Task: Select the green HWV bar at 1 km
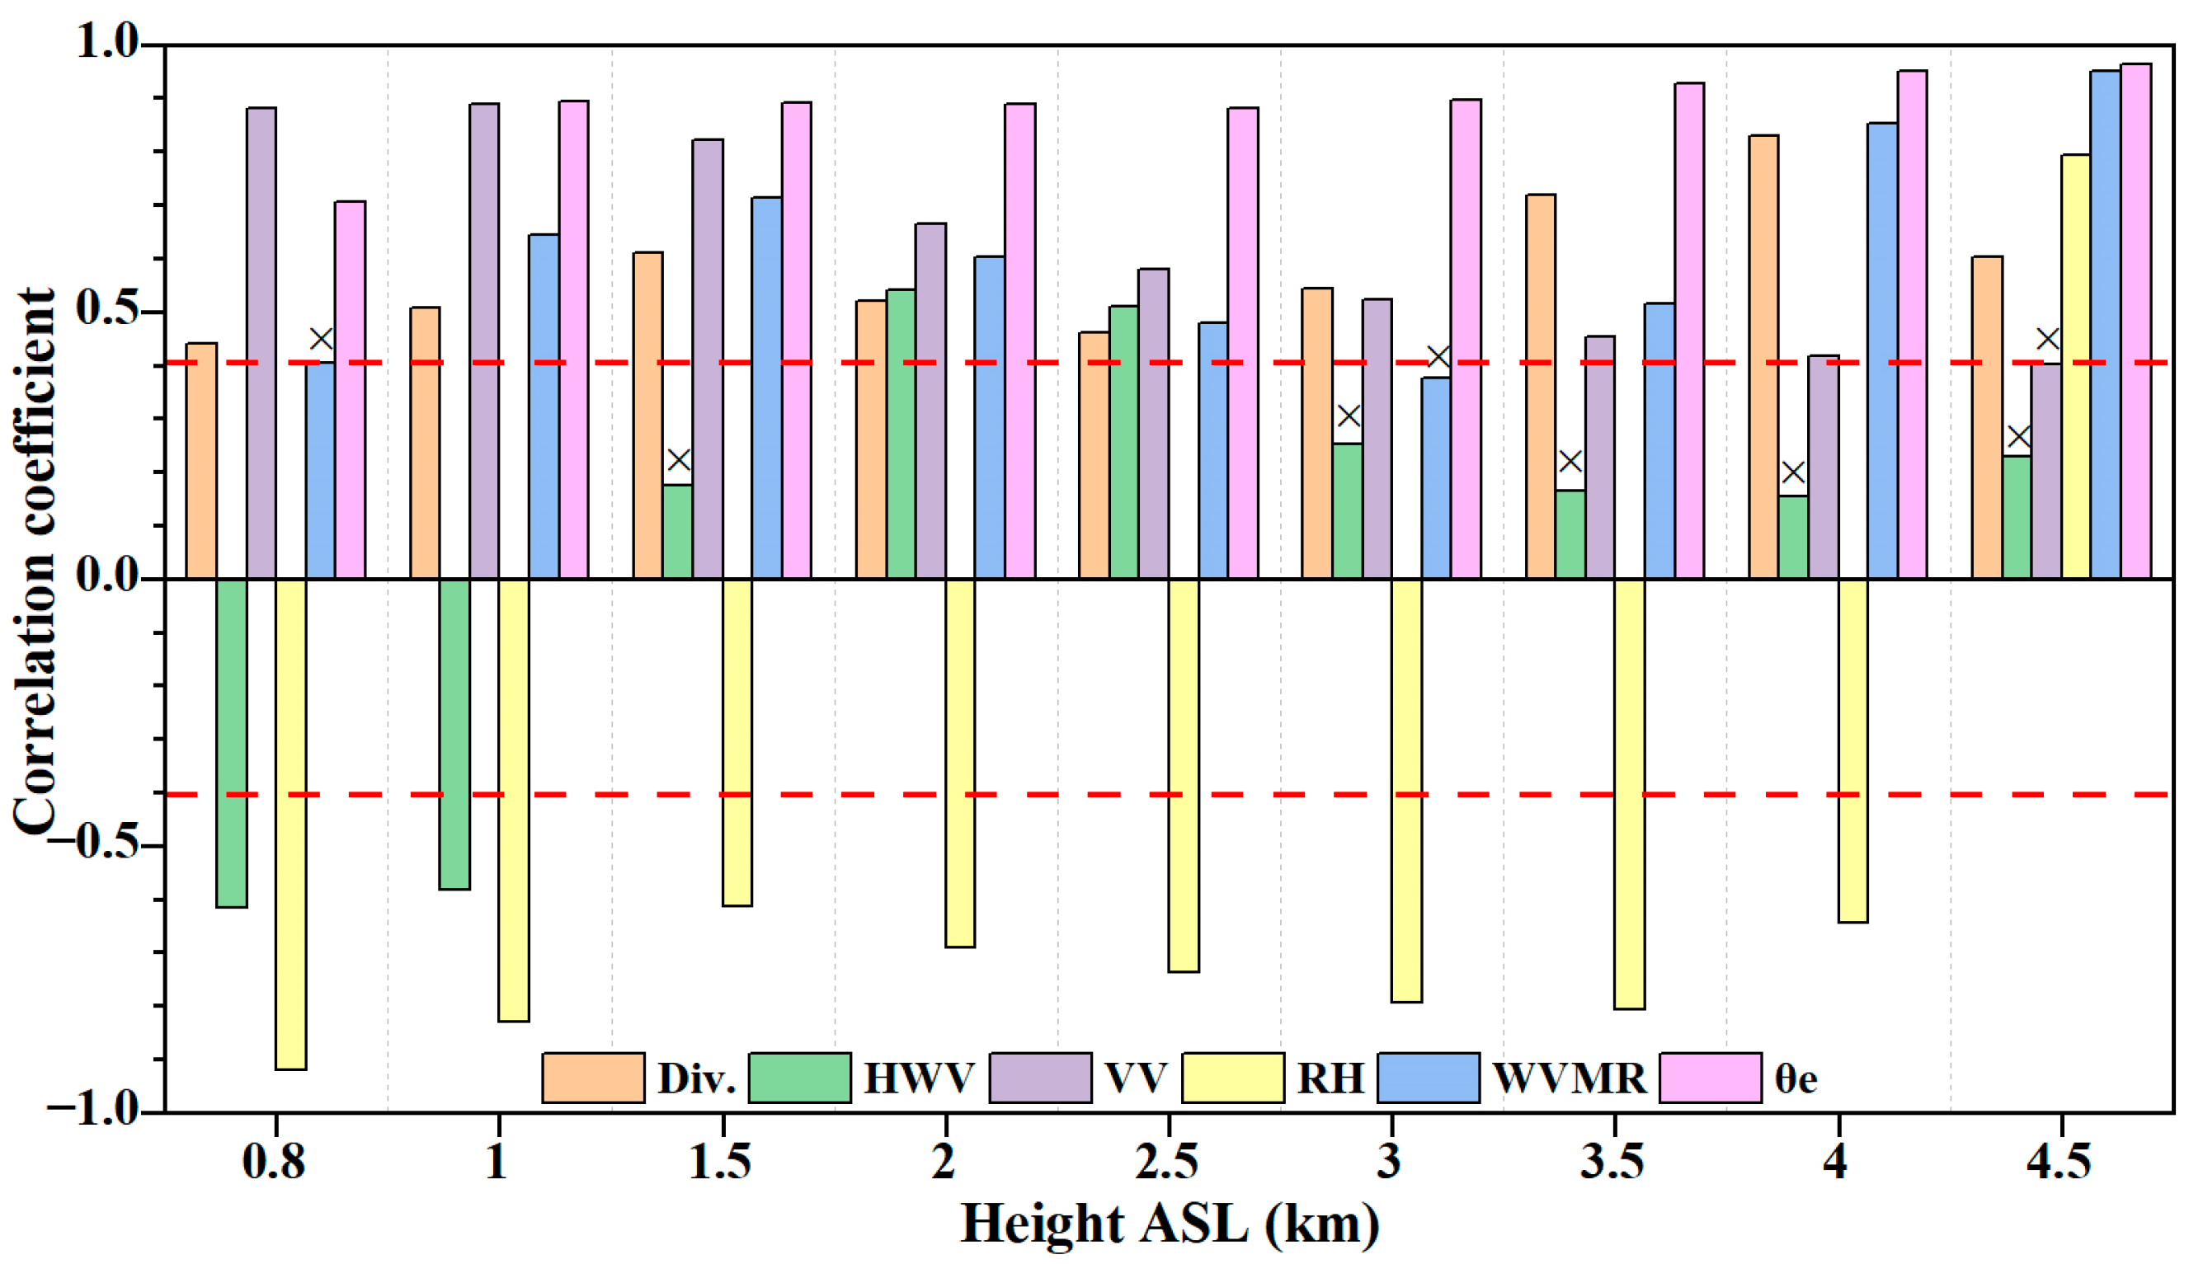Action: tap(454, 734)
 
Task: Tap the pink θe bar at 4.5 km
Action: tap(2135, 322)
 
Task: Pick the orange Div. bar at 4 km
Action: tap(1763, 357)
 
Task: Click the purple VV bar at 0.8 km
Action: tap(261, 343)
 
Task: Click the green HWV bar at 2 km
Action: tap(901, 434)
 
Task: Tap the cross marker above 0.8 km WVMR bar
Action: tap(322, 339)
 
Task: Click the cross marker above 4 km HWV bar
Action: tap(1793, 472)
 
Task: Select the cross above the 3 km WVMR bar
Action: tap(1438, 357)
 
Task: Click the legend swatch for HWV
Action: tap(799, 1078)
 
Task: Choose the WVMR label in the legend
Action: tap(1569, 1078)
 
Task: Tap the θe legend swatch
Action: tap(1710, 1078)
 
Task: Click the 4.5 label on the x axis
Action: tap(2059, 1163)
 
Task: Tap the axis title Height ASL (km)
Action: tap(1170, 1224)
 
